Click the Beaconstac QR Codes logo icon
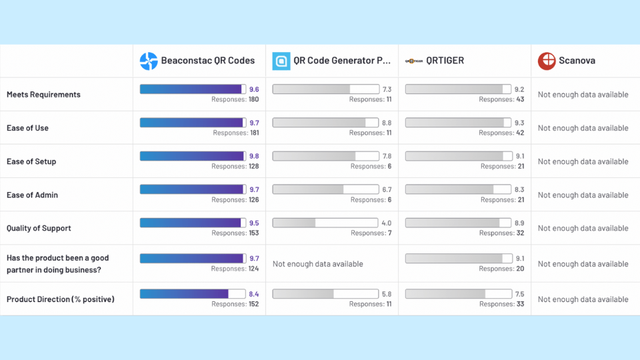[148, 61]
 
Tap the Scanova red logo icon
[547, 61]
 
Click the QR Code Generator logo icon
[281, 61]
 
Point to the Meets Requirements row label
[43, 95]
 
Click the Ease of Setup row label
[31, 161]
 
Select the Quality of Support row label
[39, 228]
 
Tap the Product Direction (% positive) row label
[60, 299]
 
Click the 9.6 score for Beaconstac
[254, 89]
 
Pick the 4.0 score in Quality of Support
[386, 223]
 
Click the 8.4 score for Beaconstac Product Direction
[254, 294]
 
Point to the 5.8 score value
[386, 294]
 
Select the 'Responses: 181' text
[235, 133]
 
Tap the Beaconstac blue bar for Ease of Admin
[192, 189]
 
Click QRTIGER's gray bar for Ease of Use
[455, 123]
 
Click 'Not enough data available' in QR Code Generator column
[317, 264]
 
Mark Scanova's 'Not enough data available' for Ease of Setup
[583, 161]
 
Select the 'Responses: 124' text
[235, 269]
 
